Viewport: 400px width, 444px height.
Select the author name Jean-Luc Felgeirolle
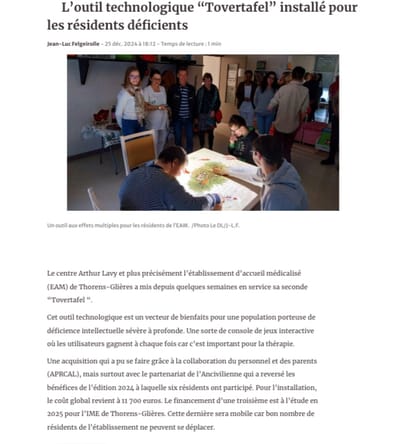pyautogui.click(x=75, y=44)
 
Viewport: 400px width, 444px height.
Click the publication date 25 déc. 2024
pyautogui.click(x=133, y=44)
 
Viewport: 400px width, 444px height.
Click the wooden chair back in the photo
pyautogui.click(x=137, y=148)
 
